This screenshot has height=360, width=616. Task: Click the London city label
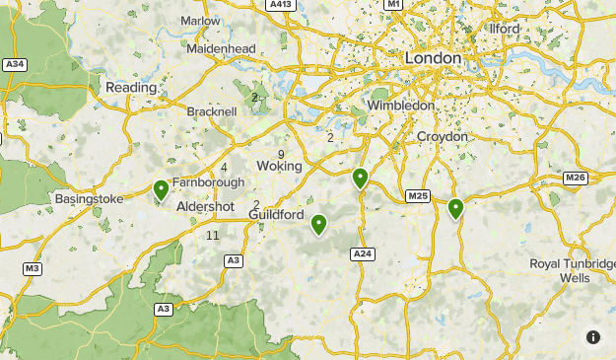(433, 59)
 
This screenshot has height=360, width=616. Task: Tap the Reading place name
(131, 88)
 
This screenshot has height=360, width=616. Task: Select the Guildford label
(276, 214)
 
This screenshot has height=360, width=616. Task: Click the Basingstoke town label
(90, 198)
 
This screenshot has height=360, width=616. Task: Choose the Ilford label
(504, 29)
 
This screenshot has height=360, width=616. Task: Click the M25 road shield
(418, 196)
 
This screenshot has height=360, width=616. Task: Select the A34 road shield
(15, 65)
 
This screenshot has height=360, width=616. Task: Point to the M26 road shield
(576, 178)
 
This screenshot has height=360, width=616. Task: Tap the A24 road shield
(363, 253)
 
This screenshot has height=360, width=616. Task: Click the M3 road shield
(33, 268)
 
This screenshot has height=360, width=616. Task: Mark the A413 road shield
(281, 5)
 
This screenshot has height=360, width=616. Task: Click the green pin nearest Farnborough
(161, 188)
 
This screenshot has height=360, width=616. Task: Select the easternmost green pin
(455, 208)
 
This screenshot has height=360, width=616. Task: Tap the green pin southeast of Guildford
(318, 225)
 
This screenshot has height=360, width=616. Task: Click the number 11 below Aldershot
(213, 235)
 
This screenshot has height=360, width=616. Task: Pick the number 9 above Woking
(282, 155)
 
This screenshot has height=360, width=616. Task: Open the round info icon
(593, 337)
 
